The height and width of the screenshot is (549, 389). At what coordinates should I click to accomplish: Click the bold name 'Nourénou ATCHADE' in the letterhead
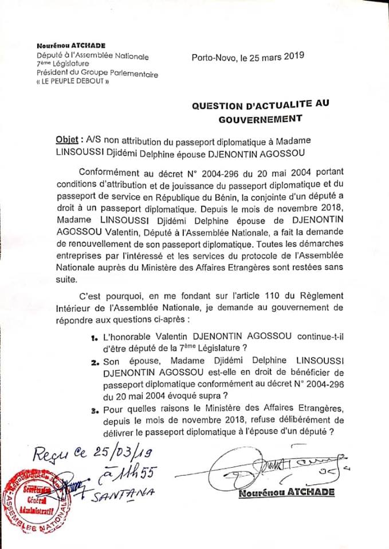[71, 45]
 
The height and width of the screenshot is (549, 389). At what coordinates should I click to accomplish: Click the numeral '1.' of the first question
[95, 337]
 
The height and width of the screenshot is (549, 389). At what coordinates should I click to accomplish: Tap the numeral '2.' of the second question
[95, 362]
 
